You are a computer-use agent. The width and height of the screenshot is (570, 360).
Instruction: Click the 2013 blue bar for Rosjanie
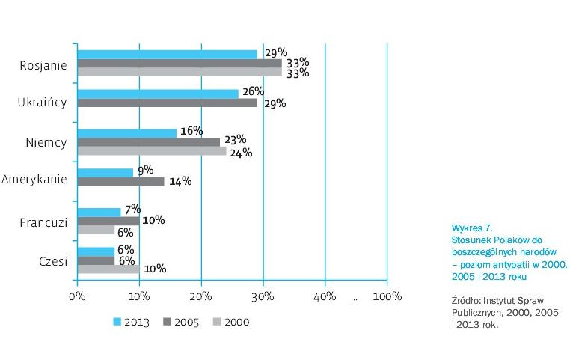pyautogui.click(x=168, y=54)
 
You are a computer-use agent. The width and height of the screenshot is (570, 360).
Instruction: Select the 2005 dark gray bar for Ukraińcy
pyautogui.click(x=168, y=103)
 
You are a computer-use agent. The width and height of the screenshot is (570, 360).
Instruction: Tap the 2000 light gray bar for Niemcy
pyautogui.click(x=152, y=151)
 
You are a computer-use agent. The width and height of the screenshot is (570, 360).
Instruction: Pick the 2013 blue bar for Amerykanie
pyautogui.click(x=105, y=172)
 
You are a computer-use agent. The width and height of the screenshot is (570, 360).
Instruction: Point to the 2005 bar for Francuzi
pyautogui.click(x=108, y=221)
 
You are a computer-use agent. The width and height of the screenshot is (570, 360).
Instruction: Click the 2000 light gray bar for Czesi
pyautogui.click(x=108, y=269)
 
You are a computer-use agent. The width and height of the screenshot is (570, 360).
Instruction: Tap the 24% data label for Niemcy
pyautogui.click(x=241, y=153)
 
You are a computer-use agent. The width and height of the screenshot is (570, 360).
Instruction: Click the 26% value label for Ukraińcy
pyautogui.click(x=253, y=91)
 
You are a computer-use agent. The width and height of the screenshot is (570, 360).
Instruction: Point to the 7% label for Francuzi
pyautogui.click(x=132, y=210)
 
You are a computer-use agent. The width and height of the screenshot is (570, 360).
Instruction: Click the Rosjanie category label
pyautogui.click(x=44, y=64)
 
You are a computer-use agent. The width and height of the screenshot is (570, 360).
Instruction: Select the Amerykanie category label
pyautogui.click(x=34, y=180)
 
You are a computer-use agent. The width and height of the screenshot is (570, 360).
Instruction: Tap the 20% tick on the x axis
pyautogui.click(x=201, y=296)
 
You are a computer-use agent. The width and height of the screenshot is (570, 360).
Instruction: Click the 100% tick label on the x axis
pyautogui.click(x=387, y=296)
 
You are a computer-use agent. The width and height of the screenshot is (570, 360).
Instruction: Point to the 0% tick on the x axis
pyautogui.click(x=77, y=296)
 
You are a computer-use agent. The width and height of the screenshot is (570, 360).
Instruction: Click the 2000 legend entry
pyautogui.click(x=230, y=322)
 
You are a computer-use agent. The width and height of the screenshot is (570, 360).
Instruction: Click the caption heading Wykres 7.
pyautogui.click(x=472, y=226)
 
